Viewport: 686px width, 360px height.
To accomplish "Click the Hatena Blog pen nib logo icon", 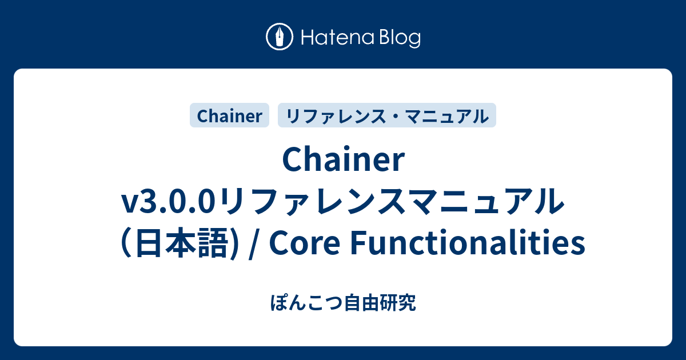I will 280,38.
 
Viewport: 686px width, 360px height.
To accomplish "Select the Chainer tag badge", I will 229,116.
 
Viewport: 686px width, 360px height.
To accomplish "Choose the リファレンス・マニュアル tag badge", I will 387,116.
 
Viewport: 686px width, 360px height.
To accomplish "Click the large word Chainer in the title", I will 343,162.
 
